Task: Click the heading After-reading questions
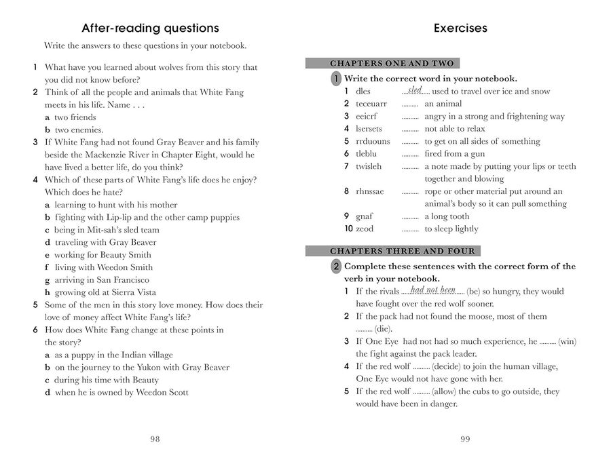150,28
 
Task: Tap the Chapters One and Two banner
392,64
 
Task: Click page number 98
155,439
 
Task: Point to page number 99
465,439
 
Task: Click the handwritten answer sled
415,90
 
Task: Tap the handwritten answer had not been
433,290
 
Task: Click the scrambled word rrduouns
373,141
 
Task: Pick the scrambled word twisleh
369,166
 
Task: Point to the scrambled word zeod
365,229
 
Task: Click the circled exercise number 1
336,79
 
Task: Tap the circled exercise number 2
336,267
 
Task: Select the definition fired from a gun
453,154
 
